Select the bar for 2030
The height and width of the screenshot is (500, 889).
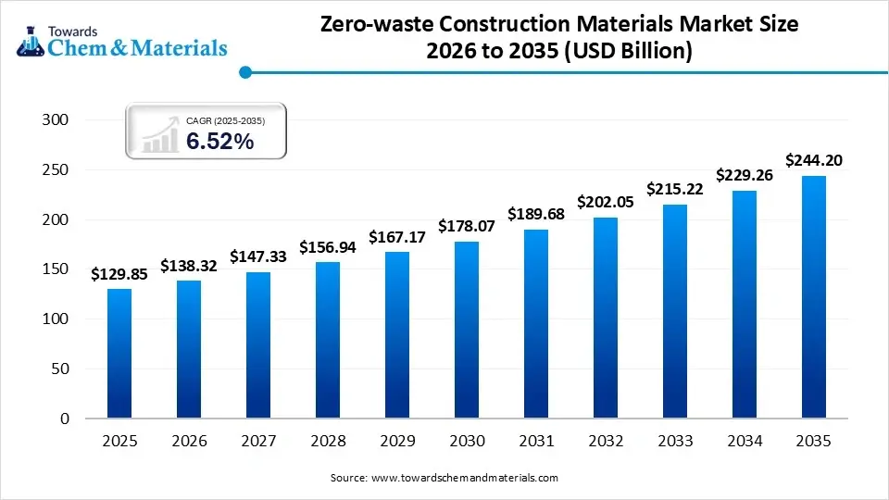tap(467, 330)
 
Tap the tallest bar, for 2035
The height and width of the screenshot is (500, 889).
tap(814, 297)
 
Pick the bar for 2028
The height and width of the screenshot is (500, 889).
tap(328, 340)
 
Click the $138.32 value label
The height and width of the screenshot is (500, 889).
tap(189, 265)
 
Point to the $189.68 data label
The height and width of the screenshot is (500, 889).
tap(536, 214)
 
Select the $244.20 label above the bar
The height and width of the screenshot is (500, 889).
tap(814, 160)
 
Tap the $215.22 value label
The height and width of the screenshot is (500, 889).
tap(675, 189)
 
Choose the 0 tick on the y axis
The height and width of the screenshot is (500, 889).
tap(65, 419)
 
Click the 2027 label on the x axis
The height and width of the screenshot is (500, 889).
tap(258, 443)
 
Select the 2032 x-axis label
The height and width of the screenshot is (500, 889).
tap(606, 443)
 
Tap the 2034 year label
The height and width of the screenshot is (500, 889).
tap(745, 443)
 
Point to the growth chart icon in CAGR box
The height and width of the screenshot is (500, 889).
tap(159, 134)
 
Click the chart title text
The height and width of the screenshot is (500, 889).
tap(559, 39)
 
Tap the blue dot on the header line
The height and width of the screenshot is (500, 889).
tap(244, 71)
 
